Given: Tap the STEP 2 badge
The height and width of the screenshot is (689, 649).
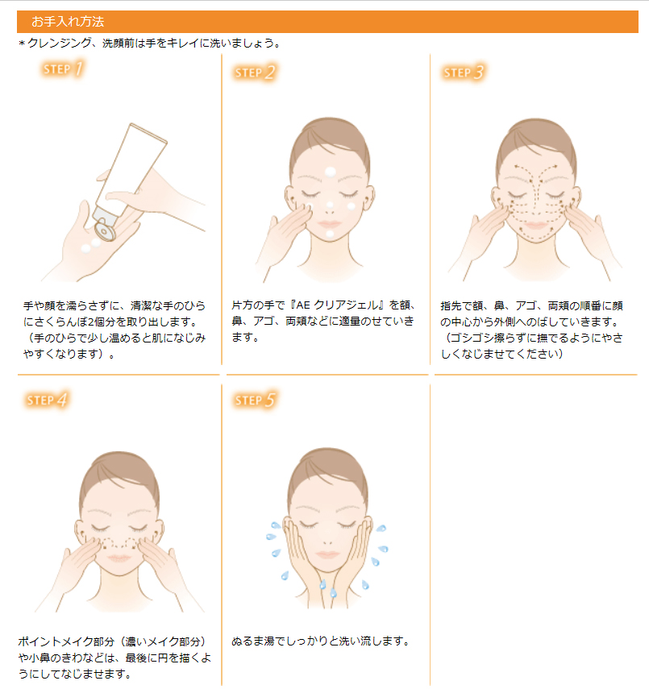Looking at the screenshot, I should pos(256,73).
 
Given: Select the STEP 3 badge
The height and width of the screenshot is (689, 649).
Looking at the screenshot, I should pos(464,73).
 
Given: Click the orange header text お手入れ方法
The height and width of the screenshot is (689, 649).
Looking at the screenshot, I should pos(68,21).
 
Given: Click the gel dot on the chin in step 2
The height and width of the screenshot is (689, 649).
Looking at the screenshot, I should pos(330,234).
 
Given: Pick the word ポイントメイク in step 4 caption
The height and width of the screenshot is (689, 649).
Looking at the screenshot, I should pos(50,641).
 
